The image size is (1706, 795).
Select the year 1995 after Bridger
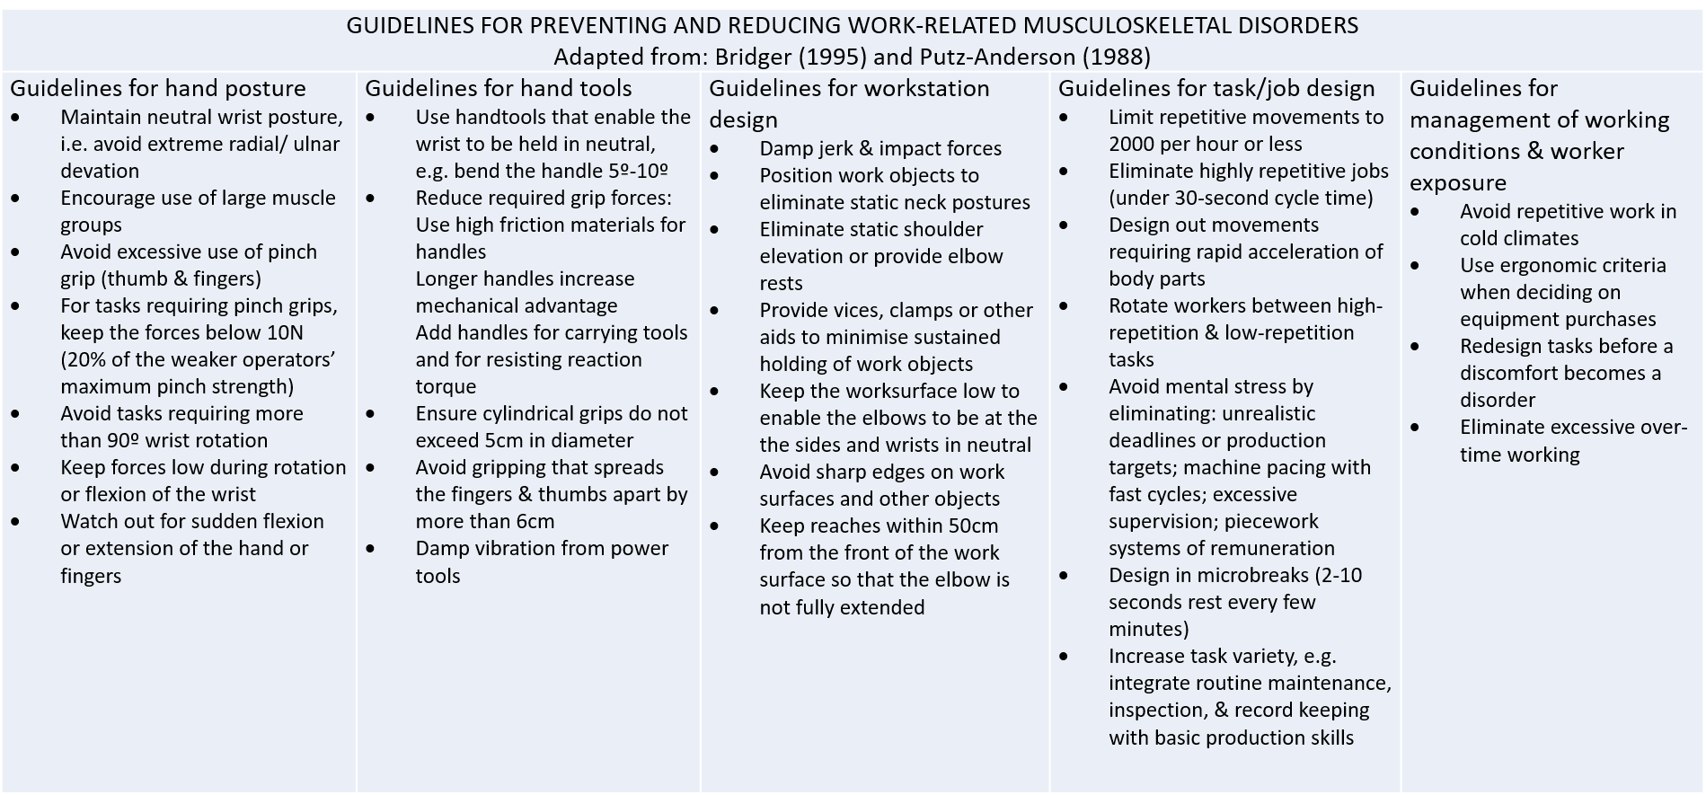(x=831, y=57)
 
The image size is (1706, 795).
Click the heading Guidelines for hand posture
(x=158, y=88)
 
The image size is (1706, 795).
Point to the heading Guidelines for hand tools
(x=499, y=88)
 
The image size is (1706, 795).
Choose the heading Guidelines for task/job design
(x=1216, y=88)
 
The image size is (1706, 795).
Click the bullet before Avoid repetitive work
(x=1417, y=212)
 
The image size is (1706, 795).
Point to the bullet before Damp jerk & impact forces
(x=716, y=149)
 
